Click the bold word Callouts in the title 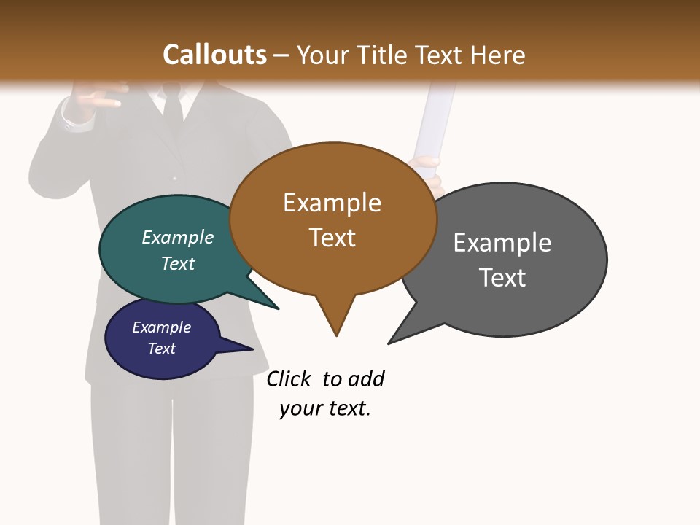[214, 55]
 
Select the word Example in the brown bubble [332, 203]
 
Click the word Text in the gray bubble [502, 278]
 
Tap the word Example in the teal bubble [178, 237]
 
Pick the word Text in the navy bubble [162, 349]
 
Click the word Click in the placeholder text [289, 378]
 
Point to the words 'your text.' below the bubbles [325, 408]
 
